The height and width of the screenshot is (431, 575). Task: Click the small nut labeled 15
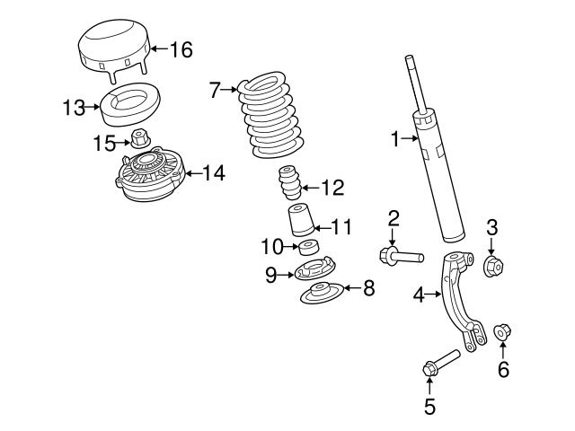(139, 138)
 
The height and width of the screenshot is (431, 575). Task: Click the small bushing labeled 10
(309, 247)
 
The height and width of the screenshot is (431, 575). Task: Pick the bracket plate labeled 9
(316, 271)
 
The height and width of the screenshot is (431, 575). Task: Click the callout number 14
(213, 172)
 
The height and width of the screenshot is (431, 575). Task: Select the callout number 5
(429, 407)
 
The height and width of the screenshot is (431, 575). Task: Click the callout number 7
(214, 89)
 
